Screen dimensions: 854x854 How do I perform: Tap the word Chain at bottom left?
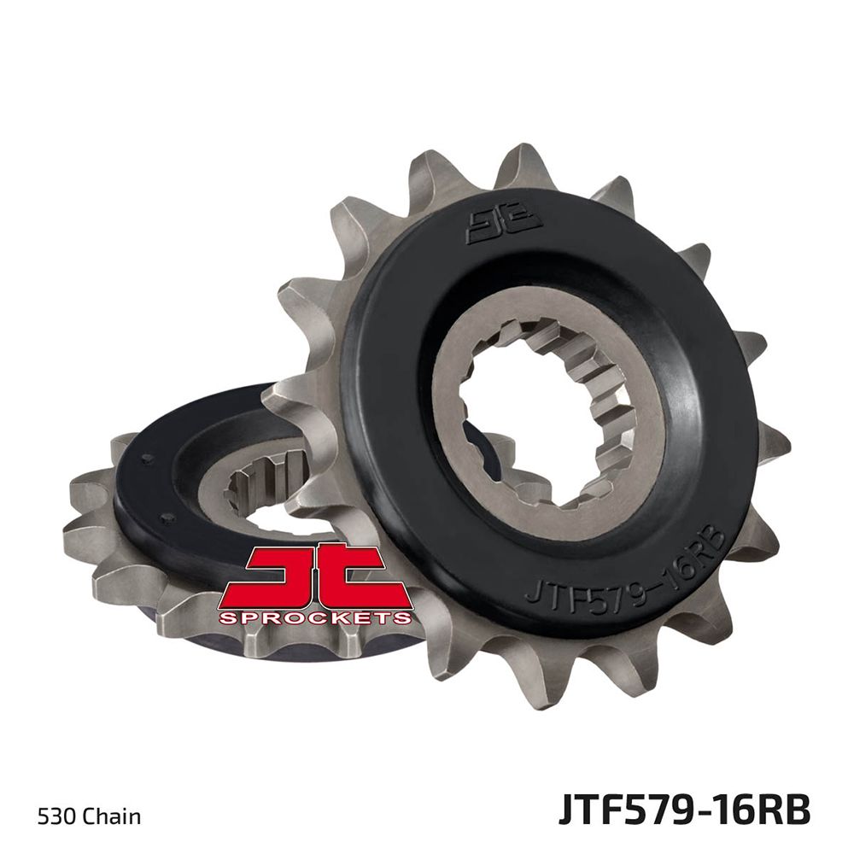tap(111, 817)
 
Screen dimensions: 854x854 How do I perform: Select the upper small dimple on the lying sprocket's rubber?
tap(149, 459)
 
